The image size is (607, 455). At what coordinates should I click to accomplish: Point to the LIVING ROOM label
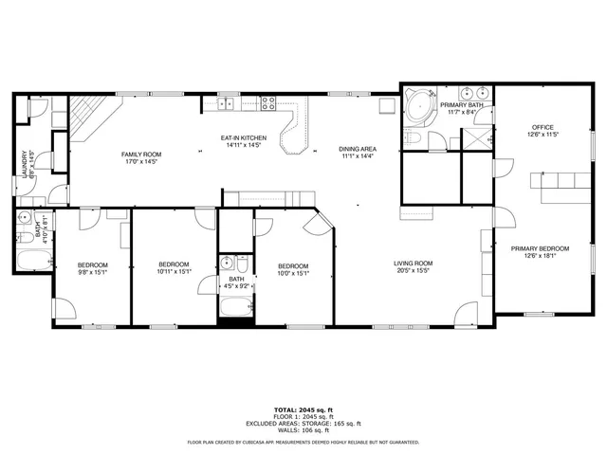tap(414, 264)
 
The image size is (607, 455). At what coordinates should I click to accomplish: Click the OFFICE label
tap(542, 127)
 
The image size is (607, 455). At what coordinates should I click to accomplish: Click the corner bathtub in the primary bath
tap(417, 109)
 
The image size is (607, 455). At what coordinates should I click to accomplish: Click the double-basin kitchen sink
tap(228, 103)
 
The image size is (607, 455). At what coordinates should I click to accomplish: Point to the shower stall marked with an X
tap(469, 139)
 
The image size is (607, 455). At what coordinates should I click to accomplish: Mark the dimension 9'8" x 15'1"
tap(92, 272)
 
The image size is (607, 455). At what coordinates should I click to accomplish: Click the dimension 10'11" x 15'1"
tap(175, 272)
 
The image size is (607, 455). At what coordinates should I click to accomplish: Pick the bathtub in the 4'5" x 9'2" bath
tap(234, 307)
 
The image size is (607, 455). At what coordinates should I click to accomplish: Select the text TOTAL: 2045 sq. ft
tap(303, 409)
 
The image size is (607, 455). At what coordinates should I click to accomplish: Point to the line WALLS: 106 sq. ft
tap(303, 429)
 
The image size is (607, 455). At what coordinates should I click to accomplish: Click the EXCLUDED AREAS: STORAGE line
tap(303, 423)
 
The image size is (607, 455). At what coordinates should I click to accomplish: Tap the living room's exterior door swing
tap(466, 314)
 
